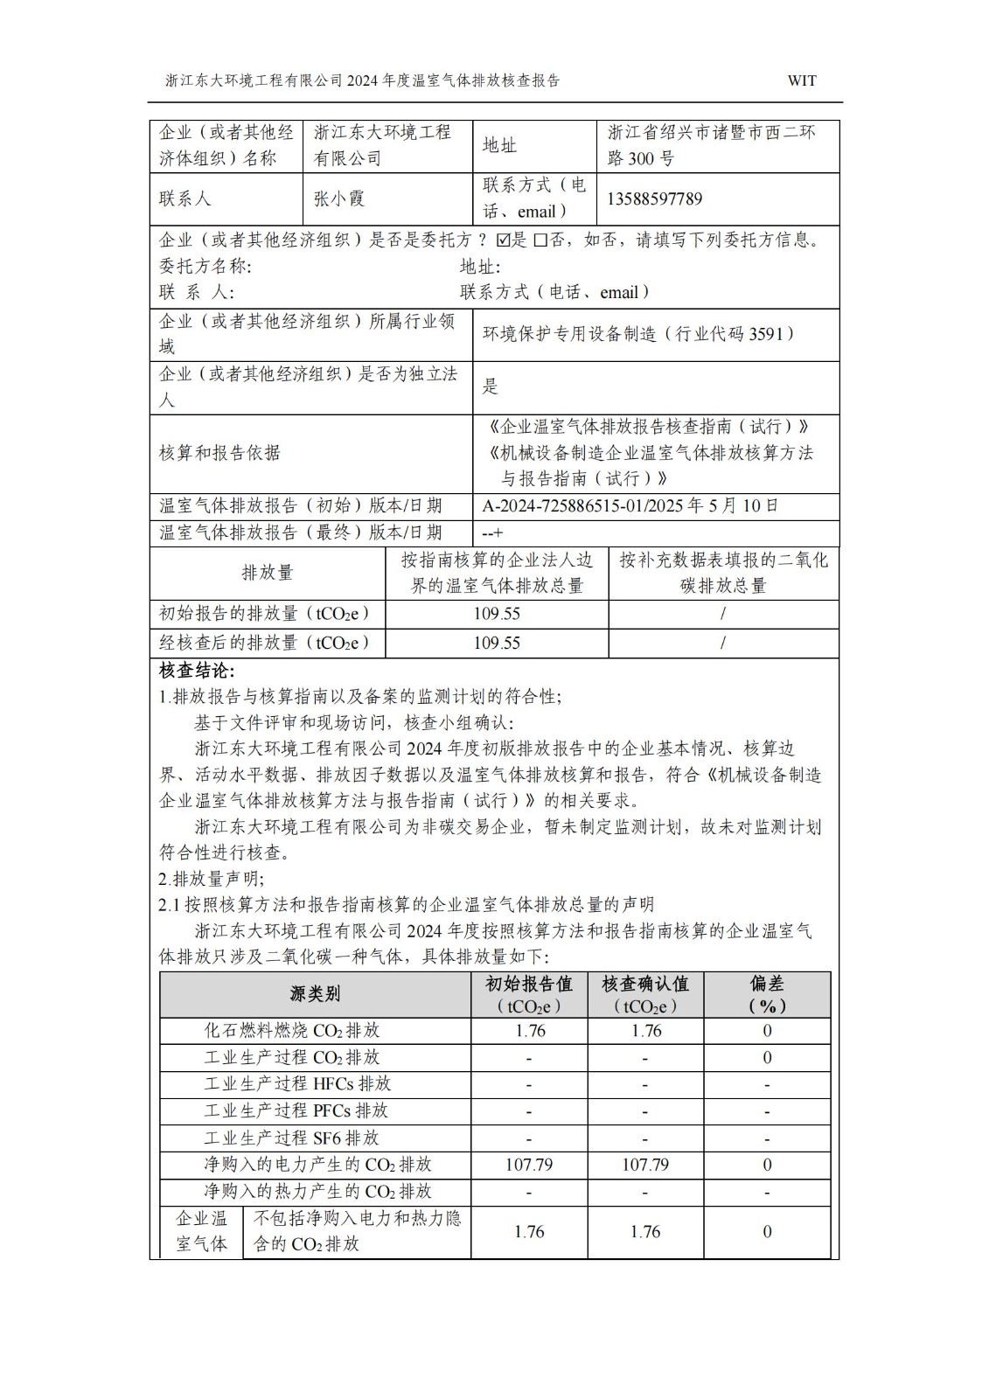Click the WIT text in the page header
click(801, 80)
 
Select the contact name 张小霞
click(339, 198)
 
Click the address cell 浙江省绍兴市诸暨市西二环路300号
click(712, 145)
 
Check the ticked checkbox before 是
click(502, 240)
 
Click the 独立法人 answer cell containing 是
click(491, 386)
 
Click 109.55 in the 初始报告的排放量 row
click(497, 614)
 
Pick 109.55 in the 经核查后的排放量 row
click(497, 643)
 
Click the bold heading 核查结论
click(197, 671)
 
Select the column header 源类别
click(315, 994)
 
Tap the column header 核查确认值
click(645, 985)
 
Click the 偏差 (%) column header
click(767, 994)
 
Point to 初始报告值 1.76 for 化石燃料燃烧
click(530, 1031)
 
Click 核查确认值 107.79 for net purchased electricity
click(645, 1165)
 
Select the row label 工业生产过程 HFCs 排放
click(297, 1084)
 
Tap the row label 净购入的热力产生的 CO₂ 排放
click(317, 1191)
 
